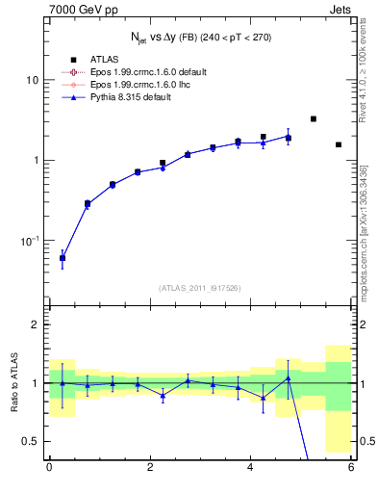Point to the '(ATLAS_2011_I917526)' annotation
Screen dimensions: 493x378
(x=200, y=287)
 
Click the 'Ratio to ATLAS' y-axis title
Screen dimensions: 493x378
(x=13, y=382)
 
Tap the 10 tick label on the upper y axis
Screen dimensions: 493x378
(x=33, y=80)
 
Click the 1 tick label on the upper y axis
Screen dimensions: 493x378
(x=36, y=160)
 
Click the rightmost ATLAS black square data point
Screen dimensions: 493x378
(x=339, y=144)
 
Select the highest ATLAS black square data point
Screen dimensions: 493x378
(x=314, y=118)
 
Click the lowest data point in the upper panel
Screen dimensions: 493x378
(x=63, y=258)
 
